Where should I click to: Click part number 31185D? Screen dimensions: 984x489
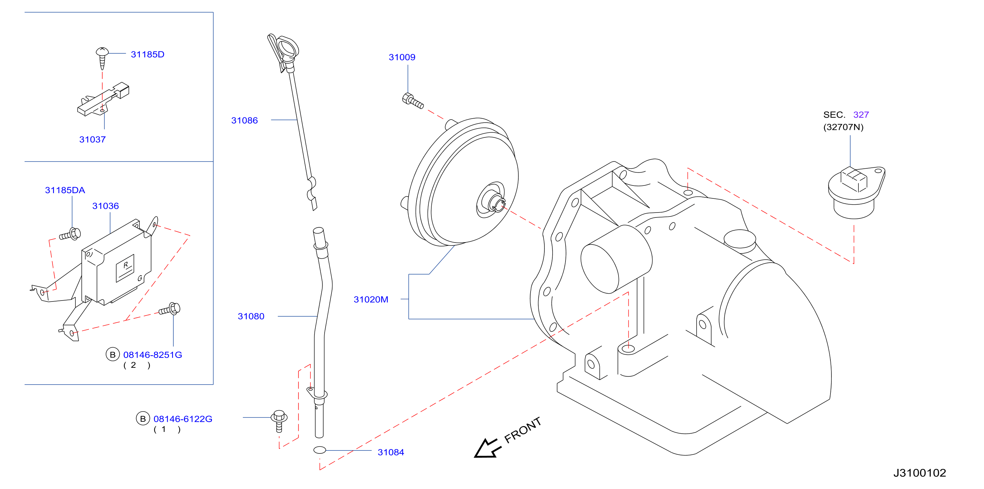147,54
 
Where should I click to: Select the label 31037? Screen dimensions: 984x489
93,139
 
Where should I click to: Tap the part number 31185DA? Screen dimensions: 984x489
65,190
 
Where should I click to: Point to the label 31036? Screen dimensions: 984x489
105,206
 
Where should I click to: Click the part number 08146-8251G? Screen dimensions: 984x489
153,355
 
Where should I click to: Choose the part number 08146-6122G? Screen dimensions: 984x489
183,419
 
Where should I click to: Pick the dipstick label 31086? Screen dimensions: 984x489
245,120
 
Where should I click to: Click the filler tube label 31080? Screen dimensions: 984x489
251,316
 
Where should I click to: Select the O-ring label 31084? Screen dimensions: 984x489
391,452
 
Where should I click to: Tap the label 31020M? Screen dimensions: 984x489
371,300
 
